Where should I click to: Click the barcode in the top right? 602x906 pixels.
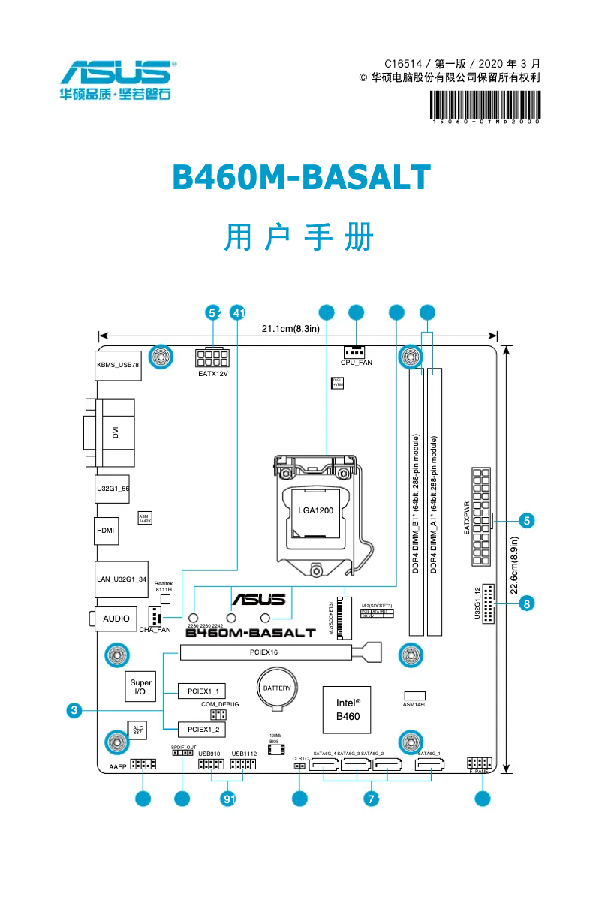point(485,106)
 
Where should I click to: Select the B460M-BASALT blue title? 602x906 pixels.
point(301,178)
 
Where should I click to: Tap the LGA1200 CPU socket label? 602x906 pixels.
point(315,510)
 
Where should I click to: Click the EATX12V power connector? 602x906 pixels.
point(212,356)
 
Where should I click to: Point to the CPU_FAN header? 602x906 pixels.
point(356,351)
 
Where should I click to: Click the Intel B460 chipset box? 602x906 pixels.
point(347,709)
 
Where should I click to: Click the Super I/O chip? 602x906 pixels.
point(140,687)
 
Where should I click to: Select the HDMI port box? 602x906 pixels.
point(106,531)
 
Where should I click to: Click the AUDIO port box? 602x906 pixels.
point(116,619)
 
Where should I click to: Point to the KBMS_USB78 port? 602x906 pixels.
point(118,365)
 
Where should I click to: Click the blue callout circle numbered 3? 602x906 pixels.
point(73,709)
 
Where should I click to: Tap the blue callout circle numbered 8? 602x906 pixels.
point(528,603)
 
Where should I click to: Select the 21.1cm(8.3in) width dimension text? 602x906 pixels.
point(290,328)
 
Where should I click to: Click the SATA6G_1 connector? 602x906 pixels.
point(430,768)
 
